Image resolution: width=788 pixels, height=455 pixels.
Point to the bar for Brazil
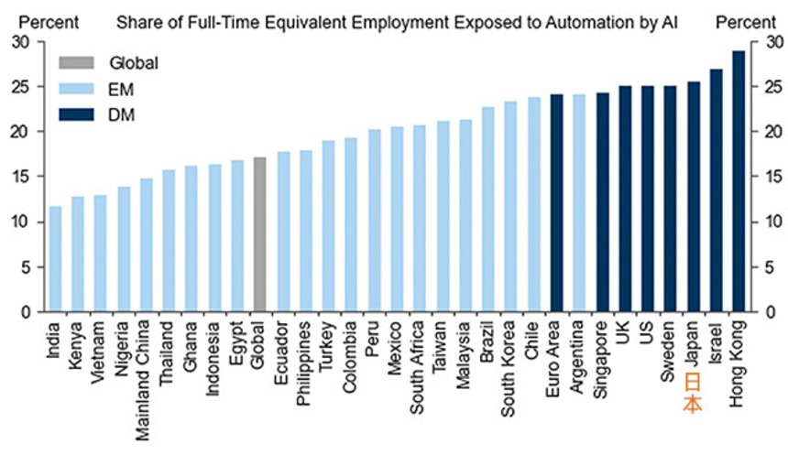488,210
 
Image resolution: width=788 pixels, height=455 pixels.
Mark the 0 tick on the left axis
26,312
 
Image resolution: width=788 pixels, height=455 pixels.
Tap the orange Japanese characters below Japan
694,393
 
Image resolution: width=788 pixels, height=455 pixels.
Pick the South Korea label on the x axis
510,362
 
